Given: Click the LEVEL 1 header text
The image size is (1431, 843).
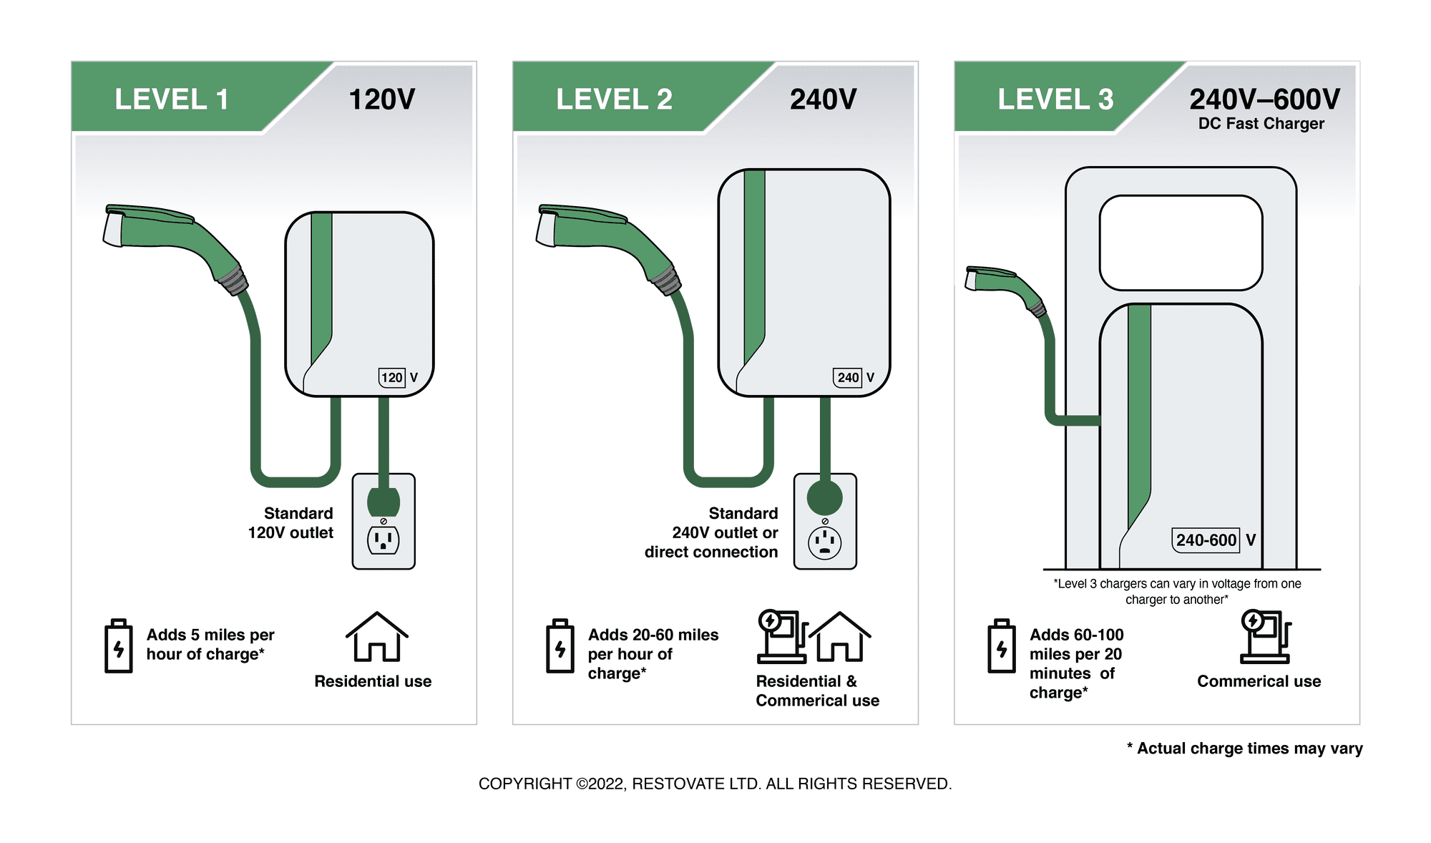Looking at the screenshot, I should click(172, 99).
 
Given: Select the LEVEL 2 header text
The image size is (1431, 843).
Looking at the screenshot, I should click(614, 99).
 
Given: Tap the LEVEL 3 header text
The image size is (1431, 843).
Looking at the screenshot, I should click(1055, 99).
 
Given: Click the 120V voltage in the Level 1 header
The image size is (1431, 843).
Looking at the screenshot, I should click(381, 99).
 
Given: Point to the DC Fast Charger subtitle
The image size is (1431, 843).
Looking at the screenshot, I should click(1261, 124).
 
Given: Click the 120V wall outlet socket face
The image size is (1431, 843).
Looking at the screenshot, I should click(384, 540).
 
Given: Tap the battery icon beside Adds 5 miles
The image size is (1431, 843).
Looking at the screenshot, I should click(119, 646).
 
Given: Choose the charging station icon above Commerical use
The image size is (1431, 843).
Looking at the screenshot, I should click(1265, 636).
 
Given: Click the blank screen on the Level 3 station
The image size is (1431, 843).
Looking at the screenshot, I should click(1181, 243).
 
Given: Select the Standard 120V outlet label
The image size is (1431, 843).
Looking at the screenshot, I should click(291, 523).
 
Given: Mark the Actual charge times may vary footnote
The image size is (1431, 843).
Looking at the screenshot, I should click(1244, 749).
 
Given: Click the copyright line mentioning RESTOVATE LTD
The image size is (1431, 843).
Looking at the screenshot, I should click(715, 784).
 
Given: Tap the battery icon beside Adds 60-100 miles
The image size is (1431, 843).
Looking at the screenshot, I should click(1001, 646).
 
